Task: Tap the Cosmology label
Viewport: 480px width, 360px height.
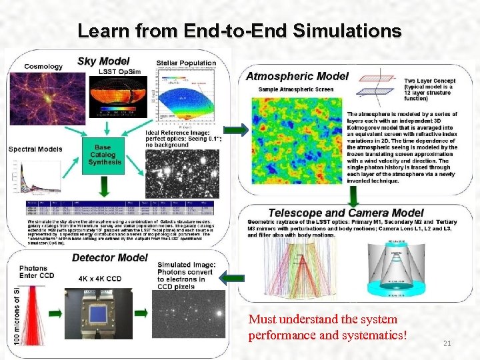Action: tap(43, 67)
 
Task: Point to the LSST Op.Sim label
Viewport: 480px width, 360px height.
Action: tap(117, 71)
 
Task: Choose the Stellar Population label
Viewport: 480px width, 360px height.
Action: tap(187, 63)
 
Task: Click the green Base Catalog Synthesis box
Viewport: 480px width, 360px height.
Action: tap(104, 155)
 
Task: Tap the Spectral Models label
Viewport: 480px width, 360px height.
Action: tap(35, 149)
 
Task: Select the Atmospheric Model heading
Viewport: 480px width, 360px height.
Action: tap(297, 76)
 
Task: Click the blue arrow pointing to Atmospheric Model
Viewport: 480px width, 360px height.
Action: tap(234, 129)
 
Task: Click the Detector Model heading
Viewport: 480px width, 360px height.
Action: tap(109, 257)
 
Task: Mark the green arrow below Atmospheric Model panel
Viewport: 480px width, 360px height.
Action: tap(353, 195)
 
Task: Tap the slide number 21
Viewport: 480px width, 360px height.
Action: tap(447, 343)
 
